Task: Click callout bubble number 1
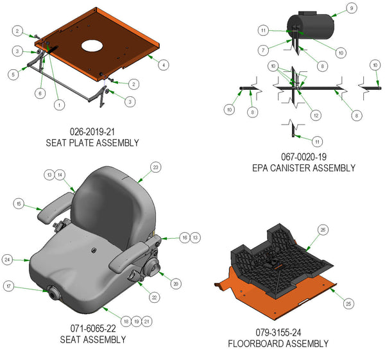click(59, 104)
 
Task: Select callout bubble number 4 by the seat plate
click(164, 65)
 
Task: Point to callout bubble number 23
click(155, 167)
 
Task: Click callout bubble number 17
click(10, 286)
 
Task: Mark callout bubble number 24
click(8, 260)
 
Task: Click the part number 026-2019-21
click(92, 132)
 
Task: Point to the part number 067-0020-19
click(304, 157)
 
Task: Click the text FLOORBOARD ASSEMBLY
click(278, 343)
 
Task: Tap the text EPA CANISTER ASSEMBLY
click(304, 168)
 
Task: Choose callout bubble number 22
click(154, 298)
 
